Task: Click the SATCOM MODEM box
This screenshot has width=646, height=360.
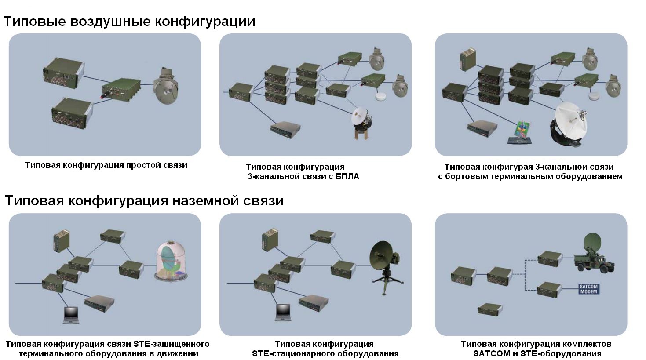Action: (588, 289)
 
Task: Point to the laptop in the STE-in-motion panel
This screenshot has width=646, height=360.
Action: (71, 314)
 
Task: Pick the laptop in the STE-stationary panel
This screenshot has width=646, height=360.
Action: (283, 313)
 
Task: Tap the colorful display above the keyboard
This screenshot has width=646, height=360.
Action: (522, 129)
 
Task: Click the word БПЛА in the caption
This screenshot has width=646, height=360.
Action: (347, 177)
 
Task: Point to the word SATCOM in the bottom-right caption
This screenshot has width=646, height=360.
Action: (490, 353)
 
